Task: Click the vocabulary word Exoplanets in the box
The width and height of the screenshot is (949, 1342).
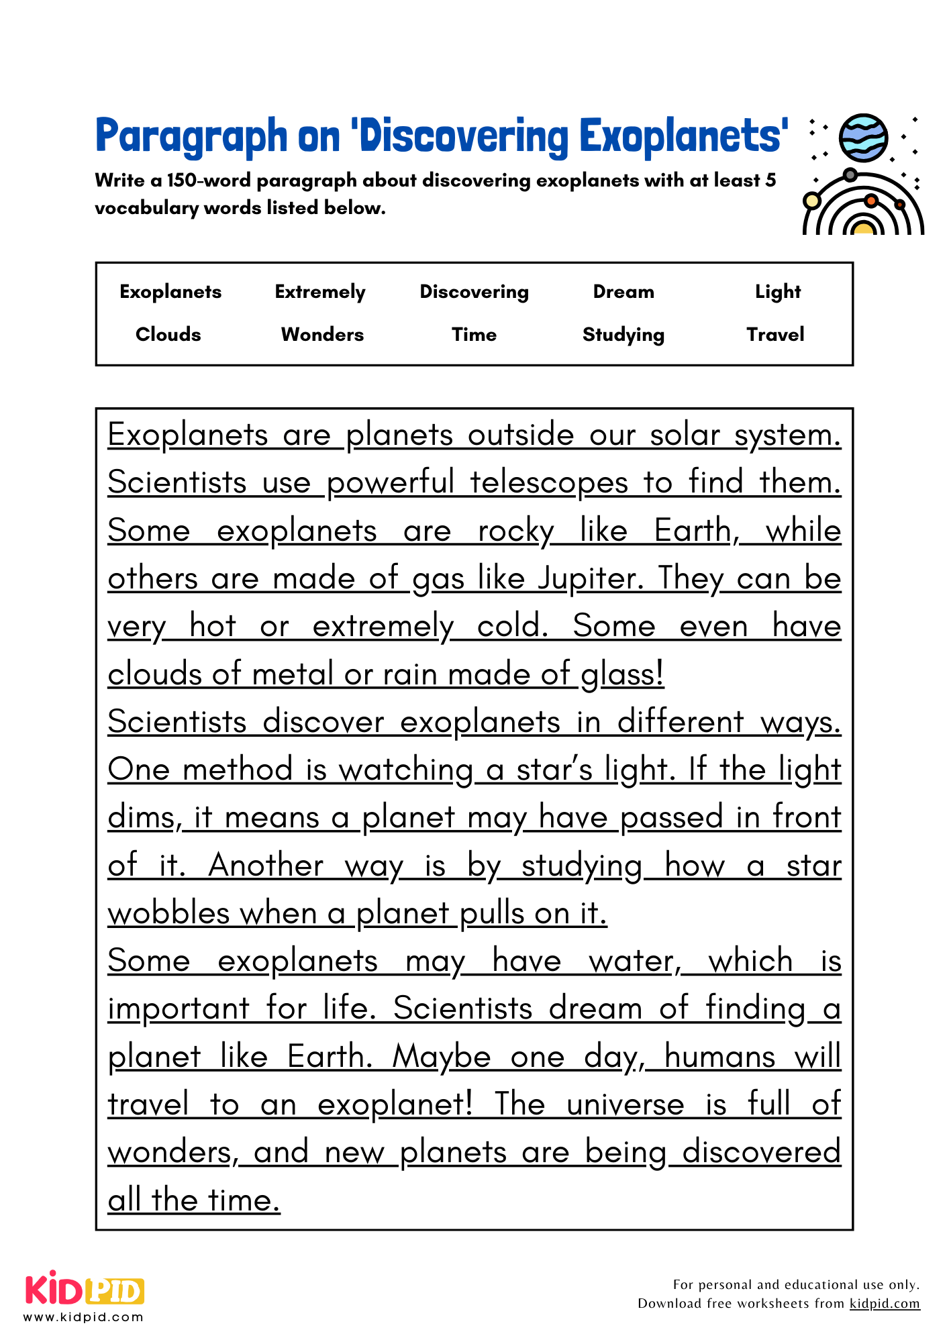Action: click(170, 292)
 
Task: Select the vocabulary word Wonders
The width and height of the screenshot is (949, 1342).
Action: click(322, 334)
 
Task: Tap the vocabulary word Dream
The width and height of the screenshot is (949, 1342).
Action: click(623, 292)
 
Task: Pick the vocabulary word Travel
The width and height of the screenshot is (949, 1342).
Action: click(775, 334)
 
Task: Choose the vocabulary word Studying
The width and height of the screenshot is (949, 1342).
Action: click(623, 335)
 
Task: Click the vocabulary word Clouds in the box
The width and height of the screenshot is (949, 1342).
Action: click(168, 334)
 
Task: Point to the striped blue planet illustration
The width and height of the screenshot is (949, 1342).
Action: click(864, 138)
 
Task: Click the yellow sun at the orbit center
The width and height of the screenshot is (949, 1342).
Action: click(863, 228)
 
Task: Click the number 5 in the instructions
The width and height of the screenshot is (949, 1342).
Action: click(770, 180)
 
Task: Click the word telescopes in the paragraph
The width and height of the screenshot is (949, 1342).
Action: click(548, 482)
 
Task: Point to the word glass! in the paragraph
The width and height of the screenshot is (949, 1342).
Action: click(622, 674)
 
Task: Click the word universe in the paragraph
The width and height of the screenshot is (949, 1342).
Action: click(625, 1105)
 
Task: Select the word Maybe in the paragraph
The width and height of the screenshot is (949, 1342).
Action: click(442, 1057)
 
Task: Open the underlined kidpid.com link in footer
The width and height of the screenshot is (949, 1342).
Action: click(884, 1303)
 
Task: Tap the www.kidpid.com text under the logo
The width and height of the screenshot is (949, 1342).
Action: click(83, 1317)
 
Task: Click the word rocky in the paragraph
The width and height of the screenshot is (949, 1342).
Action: click(515, 531)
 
